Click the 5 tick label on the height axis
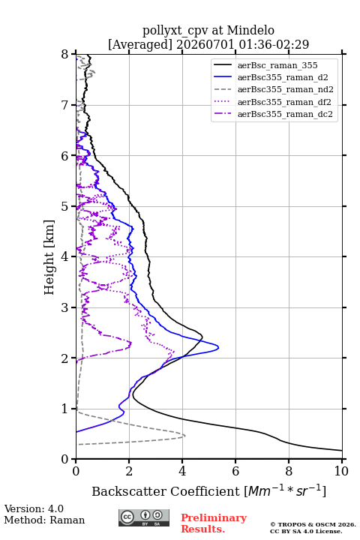65,206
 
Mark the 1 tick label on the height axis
65,409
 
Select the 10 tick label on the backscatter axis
341,471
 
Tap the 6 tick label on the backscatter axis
235,471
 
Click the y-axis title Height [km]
49,257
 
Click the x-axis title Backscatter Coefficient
165,491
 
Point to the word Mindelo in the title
250,30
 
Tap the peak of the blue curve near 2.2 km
219,347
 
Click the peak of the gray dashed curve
185,436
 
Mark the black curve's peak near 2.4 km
202,337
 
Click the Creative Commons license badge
144,517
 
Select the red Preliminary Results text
214,523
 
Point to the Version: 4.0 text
34,508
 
